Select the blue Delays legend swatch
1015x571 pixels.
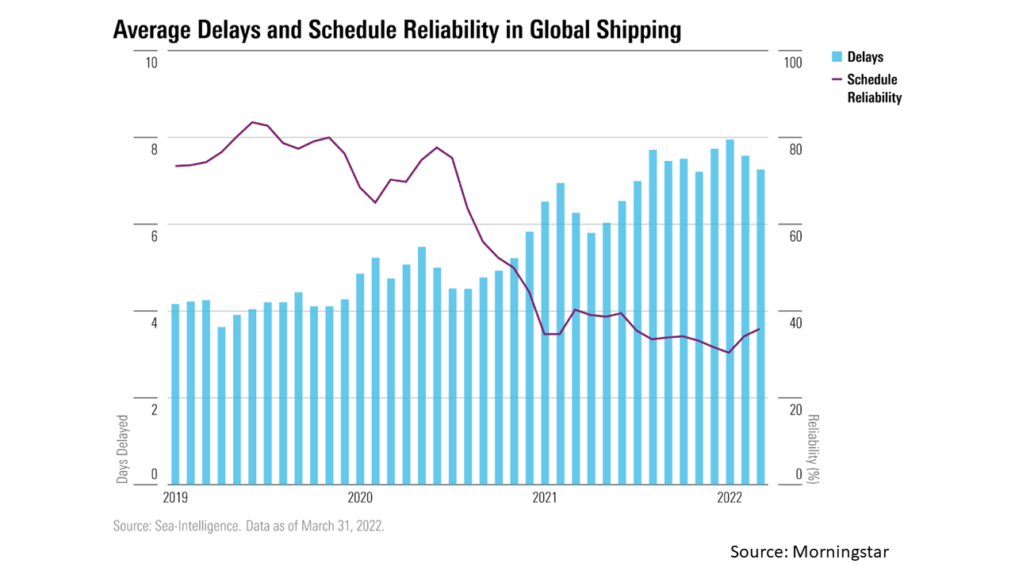pos(835,56)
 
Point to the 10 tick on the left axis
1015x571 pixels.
pos(150,63)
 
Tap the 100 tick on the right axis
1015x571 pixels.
pos(793,63)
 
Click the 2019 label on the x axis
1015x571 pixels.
pos(176,498)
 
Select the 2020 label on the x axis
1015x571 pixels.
pos(360,498)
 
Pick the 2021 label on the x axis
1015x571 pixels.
pos(545,498)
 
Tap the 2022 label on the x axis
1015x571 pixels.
pos(729,498)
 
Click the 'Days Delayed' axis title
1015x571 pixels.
pos(123,448)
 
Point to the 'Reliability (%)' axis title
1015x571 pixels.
pos(812,448)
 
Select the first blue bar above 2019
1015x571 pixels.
pos(175,393)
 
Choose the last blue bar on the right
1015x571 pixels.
pos(760,326)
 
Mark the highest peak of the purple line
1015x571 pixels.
pos(252,122)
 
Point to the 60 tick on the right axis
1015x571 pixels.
pos(793,236)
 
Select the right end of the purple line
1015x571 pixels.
pos(760,329)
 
